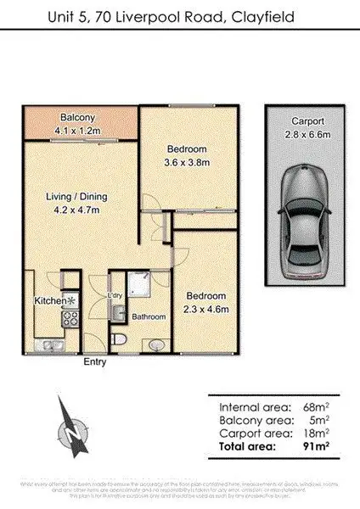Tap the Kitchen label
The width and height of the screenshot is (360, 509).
pos(45,300)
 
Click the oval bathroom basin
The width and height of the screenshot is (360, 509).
pos(154,344)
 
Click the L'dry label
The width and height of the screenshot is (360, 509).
pos(115,295)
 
